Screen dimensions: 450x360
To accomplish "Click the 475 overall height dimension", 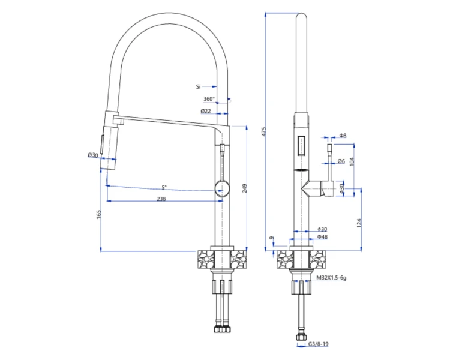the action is click(x=264, y=131).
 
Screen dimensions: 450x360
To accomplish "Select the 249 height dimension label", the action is click(x=245, y=188).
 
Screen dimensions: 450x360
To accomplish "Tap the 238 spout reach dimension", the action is click(x=161, y=199).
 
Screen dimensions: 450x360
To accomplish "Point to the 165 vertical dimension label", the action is click(x=99, y=214).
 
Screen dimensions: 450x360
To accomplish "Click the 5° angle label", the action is click(x=164, y=187).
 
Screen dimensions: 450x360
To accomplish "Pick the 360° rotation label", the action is click(x=209, y=99).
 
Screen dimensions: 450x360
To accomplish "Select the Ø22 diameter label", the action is click(x=206, y=111).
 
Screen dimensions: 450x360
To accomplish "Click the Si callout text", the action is click(x=199, y=86).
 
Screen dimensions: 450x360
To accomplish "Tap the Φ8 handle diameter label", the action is click(x=343, y=135).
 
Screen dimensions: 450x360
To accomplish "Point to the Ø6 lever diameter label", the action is click(x=341, y=161).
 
